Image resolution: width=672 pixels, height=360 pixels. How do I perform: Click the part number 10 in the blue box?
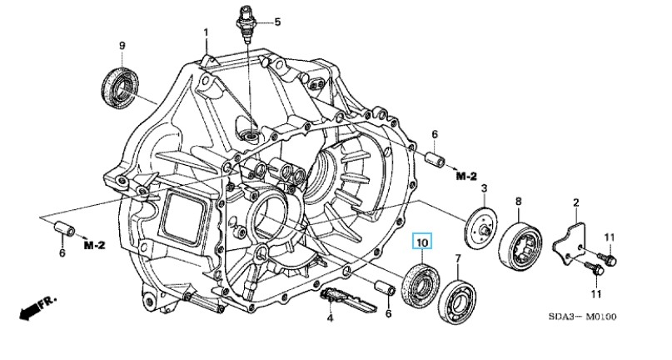pyautogui.click(x=422, y=242)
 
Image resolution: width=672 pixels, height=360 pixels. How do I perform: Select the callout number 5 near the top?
pyautogui.click(x=277, y=22)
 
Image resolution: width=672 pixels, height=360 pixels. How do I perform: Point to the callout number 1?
pyautogui.click(x=206, y=32)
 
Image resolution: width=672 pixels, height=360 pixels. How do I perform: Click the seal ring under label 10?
pyautogui.click(x=421, y=283)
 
